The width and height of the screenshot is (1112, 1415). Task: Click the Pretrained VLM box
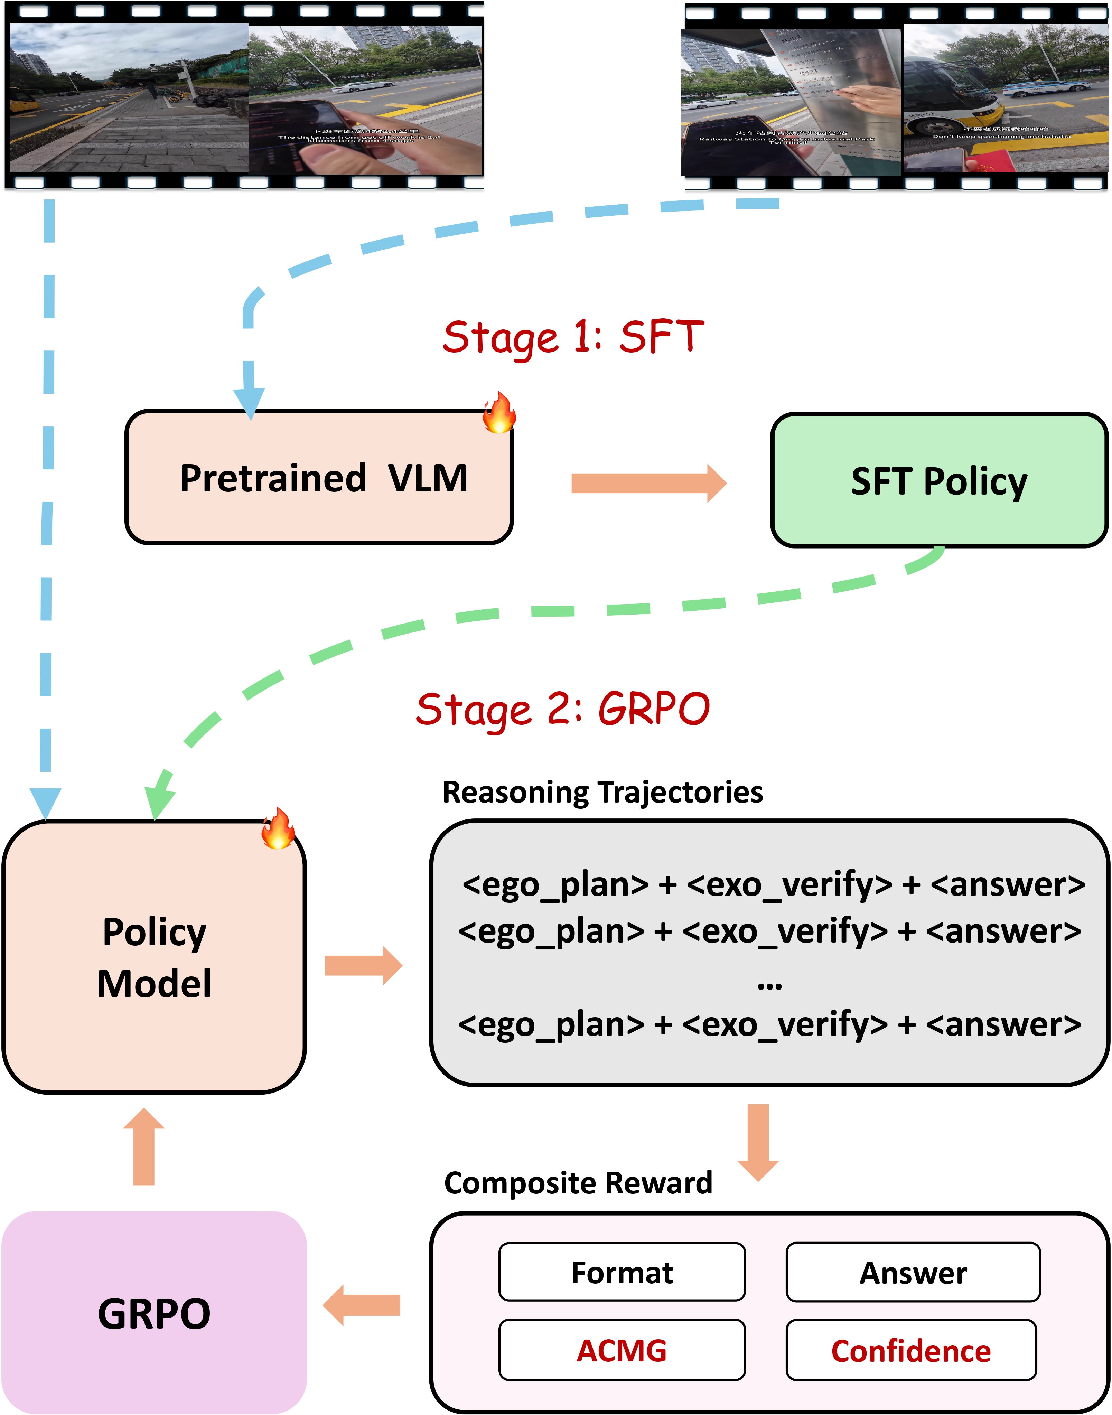point(319,477)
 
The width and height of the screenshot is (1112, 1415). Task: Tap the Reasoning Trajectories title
point(602,792)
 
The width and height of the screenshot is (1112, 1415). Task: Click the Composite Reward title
point(578,1183)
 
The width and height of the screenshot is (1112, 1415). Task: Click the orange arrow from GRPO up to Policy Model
point(144,1147)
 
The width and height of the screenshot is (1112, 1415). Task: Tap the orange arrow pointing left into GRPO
point(362,1305)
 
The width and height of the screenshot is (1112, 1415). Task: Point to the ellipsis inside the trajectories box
point(769,985)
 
